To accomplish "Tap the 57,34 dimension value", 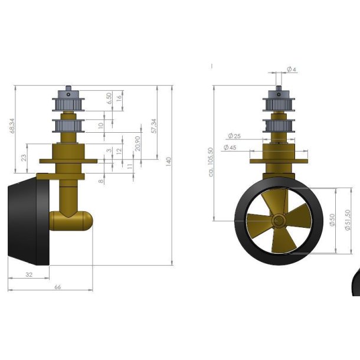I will click(x=153, y=125).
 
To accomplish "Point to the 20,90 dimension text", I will click(x=138, y=143).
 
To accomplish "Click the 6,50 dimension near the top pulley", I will click(x=108, y=98).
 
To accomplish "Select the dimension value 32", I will click(x=28, y=274).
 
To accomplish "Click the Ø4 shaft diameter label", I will click(x=291, y=70).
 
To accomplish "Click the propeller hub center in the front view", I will click(x=278, y=220).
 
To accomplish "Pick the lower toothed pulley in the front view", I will click(x=278, y=126).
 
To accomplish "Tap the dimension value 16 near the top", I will click(x=120, y=98).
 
